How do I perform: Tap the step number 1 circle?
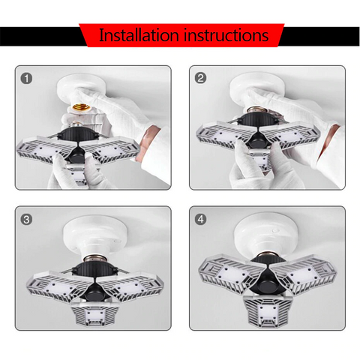point(28,78)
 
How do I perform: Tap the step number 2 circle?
point(200,78)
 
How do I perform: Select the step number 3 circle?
point(28,220)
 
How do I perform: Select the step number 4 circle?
point(200,220)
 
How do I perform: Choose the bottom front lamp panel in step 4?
point(266,307)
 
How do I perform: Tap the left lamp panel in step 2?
point(217,135)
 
